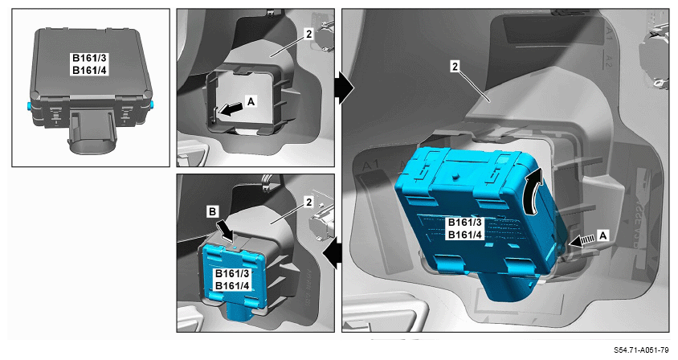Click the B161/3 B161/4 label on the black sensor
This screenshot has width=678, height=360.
point(89,64)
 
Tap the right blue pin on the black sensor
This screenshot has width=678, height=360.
point(153,104)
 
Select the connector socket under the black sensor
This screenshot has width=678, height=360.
point(92,132)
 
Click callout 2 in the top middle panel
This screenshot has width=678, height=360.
point(308,35)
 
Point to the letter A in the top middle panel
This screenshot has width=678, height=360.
point(251,101)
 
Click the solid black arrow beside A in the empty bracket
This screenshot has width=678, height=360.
point(230,109)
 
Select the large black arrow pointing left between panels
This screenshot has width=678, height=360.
point(332,254)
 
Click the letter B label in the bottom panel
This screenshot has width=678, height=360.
point(212,211)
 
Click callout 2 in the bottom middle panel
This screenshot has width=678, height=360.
point(308,202)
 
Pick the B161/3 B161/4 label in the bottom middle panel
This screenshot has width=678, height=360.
point(232,280)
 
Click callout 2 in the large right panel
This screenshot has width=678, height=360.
point(455,67)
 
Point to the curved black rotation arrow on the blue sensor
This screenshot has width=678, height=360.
point(532,192)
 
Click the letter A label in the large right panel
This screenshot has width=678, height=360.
point(602,235)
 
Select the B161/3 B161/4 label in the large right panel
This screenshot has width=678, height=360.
point(465,228)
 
